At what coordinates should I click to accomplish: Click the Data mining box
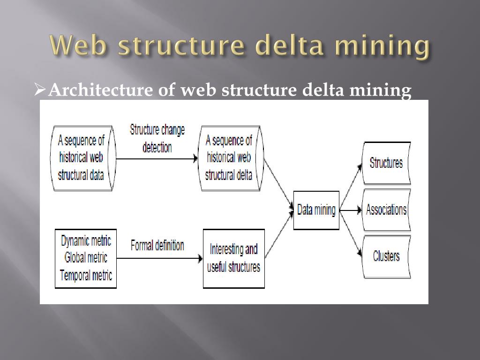coord(316,210)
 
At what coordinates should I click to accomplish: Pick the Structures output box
coord(386,163)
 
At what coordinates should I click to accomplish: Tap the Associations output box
coord(386,210)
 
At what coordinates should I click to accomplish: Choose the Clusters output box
coord(386,256)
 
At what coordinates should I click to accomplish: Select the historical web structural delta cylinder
coord(230,158)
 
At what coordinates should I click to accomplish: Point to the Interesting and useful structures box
coord(233,258)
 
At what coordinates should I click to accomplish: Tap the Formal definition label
coord(157,245)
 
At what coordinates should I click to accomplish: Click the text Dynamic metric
coord(86,241)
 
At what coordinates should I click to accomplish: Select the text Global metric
coord(86,257)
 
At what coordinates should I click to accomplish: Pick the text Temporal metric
coord(86,275)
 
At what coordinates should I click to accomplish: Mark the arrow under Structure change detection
coord(157,159)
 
